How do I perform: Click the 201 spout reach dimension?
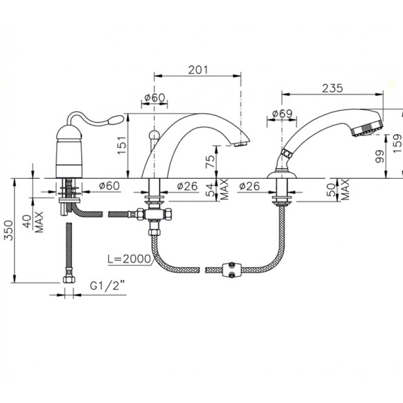pos(198,70)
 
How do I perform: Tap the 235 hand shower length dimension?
pos(332,89)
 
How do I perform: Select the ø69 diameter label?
pos(283,114)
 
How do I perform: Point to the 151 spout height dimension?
pos(122,145)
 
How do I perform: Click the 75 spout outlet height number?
pos(210,161)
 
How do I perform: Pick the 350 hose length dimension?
pos(9,230)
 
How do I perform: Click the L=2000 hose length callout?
pos(129,259)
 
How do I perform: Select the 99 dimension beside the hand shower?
pos(380,156)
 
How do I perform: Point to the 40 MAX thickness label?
pos(34,222)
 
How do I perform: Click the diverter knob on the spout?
pos(154,134)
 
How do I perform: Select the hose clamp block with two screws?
pos(232,270)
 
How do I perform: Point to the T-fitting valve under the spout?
pos(155,214)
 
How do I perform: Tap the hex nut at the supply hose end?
pos(69,279)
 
